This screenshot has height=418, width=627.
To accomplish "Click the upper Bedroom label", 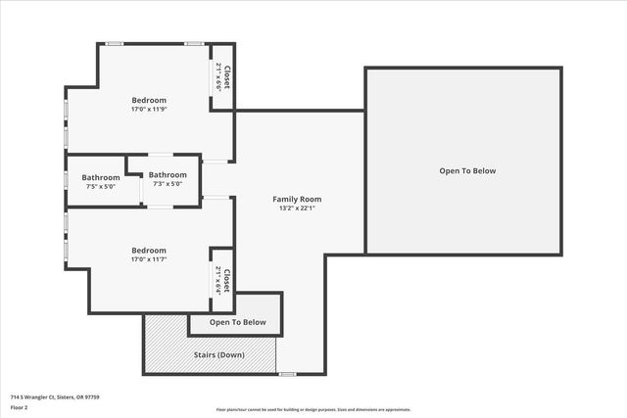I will pos(149,100).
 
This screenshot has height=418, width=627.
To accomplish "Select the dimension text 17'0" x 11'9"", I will pos(149,109).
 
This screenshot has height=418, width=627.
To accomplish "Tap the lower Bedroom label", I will pos(149,250).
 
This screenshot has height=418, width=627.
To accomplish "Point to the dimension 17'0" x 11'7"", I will pos(149,258).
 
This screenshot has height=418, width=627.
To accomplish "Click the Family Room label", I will pos(297,199).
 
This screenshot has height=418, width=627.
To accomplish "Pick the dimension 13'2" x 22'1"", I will pos(297,208).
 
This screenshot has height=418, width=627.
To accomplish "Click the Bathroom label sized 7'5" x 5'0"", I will pos(101,177).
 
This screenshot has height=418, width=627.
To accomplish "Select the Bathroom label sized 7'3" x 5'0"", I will pos(168,174).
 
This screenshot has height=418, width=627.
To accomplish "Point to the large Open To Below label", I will pos(467,171).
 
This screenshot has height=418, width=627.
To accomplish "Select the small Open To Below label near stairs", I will pos(237,322).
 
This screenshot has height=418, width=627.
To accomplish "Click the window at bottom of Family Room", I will pos(287,374).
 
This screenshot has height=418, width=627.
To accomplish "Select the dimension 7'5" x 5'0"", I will pos(101,186).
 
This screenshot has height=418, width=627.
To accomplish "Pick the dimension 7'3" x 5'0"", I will pos(168,183).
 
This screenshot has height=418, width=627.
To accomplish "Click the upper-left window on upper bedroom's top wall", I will pos(115,43).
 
